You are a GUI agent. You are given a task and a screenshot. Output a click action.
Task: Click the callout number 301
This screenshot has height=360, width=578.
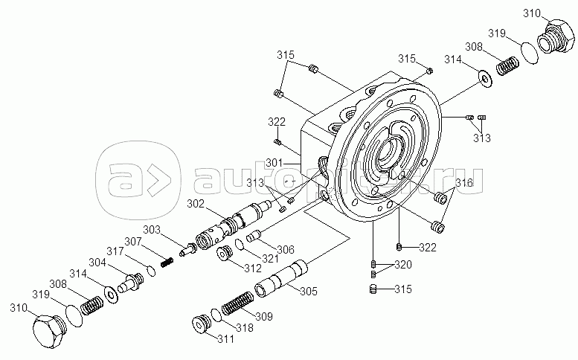pos(274,162)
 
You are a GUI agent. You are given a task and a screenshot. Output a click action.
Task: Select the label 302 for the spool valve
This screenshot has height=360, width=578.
pos(196,204)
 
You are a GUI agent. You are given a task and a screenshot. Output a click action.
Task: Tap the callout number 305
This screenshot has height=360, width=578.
pos(309,291)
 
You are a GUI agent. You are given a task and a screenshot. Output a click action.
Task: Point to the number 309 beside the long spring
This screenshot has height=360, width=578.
pos(264,316)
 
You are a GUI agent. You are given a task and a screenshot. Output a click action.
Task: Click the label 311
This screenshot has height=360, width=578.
pos(225,338)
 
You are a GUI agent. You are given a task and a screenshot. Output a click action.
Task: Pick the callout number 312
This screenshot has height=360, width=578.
pos(253,269)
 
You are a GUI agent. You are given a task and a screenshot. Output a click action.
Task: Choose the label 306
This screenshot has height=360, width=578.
pos(286,249)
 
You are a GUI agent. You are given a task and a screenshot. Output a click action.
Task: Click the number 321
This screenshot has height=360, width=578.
pos(270,258)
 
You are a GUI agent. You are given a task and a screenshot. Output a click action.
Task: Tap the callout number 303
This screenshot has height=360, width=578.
pos(152,230)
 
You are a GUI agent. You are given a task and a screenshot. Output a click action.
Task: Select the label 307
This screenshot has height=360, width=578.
pos(132,241)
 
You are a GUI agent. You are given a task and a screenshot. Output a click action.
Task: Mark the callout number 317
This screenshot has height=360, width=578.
pos(115,251)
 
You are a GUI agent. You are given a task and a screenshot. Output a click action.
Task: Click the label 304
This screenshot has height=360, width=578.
pos(97,263)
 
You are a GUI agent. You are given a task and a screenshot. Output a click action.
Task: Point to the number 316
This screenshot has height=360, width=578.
pos(464,182)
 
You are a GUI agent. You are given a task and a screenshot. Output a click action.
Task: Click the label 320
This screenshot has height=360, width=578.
pos(403,265)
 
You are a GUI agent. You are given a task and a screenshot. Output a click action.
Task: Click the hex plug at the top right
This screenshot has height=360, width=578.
pos(556,36)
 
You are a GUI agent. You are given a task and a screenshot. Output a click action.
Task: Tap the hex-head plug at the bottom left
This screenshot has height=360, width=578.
pos(49,330)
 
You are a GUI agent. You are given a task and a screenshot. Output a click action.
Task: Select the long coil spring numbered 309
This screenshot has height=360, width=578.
pos(237,303)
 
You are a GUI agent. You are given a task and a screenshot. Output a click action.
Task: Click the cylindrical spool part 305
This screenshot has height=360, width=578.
pos(281,278)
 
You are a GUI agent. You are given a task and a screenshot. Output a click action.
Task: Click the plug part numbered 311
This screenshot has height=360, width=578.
pos(202,323)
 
